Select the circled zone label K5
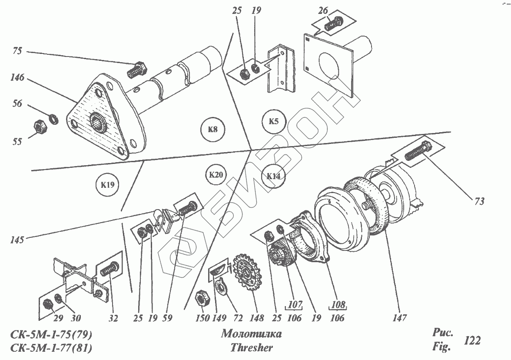[x=273, y=121]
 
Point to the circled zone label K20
[x=216, y=175]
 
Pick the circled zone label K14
[x=274, y=176]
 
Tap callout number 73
[x=479, y=201]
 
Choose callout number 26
[x=322, y=12]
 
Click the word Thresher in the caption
[x=252, y=348]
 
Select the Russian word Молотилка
[x=251, y=334]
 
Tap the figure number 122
[x=472, y=340]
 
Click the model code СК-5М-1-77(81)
[x=51, y=348]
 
